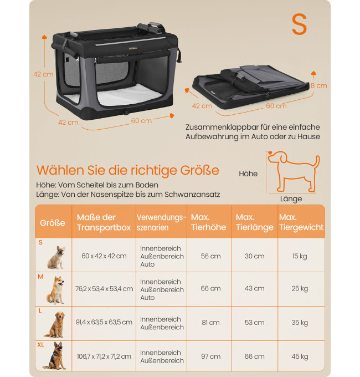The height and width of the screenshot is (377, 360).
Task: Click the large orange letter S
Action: [x=299, y=24]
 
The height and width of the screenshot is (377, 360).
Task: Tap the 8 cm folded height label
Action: [x=319, y=85]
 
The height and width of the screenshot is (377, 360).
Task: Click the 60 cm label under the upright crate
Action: [x=141, y=121]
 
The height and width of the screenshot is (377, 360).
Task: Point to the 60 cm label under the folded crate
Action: [x=276, y=106]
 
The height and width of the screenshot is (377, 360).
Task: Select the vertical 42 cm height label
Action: [x=43, y=74]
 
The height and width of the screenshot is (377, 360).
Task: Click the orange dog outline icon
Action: [x=294, y=171]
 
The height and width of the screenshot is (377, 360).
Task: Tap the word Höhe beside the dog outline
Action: [x=248, y=174]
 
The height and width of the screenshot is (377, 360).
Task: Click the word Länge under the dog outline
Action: [x=291, y=199]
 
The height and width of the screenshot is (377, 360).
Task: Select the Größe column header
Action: [x=53, y=223]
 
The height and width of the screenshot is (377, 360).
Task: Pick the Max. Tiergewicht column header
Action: [x=301, y=222]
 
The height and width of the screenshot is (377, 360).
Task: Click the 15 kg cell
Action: [x=300, y=256]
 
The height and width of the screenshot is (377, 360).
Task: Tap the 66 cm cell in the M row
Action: [x=210, y=288]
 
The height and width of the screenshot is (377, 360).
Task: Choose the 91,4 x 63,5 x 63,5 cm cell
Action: [x=104, y=322]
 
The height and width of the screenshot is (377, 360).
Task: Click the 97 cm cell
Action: [x=210, y=356]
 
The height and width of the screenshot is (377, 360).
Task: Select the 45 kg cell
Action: [x=300, y=356]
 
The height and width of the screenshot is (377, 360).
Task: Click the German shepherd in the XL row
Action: [x=55, y=355]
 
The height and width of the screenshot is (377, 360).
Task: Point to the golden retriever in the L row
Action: [x=55, y=324]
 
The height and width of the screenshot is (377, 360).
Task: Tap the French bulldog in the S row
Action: [x=56, y=257]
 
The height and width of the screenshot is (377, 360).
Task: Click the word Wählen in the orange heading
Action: [x=60, y=170]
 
